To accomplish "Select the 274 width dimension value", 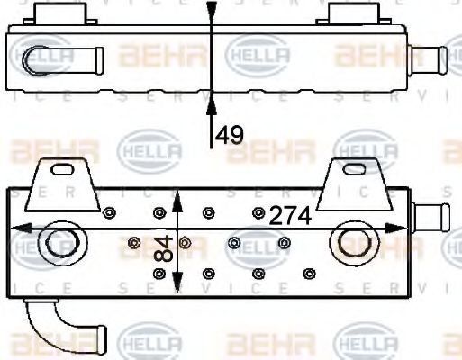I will [290, 215].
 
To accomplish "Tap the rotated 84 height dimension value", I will [163, 247].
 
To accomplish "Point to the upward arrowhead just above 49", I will [212, 108].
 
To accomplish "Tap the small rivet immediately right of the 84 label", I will [186, 242].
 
